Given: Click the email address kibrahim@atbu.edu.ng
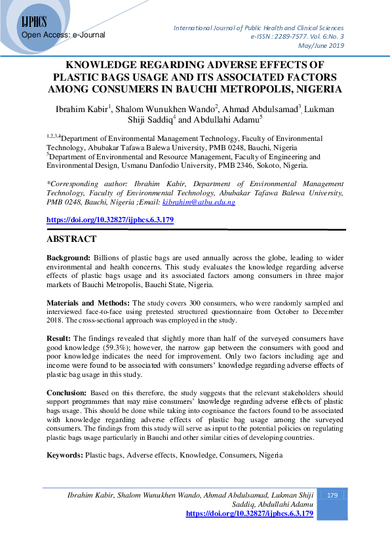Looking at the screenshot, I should [198, 203].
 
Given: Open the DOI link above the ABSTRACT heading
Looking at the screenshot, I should [109, 220].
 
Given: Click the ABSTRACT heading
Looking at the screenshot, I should [71, 239].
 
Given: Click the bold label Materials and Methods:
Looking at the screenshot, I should [88, 304].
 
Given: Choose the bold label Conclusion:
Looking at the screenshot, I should [69, 393].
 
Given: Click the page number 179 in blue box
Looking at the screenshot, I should [332, 496].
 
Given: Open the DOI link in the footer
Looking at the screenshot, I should [250, 514].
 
